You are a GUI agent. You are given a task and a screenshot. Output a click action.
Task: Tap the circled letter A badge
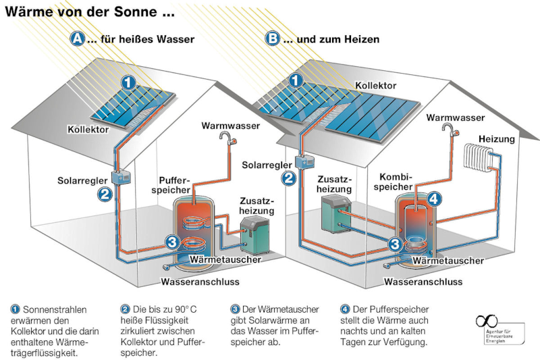(x=78, y=39)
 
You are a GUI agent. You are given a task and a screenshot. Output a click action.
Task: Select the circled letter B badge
(x=272, y=39)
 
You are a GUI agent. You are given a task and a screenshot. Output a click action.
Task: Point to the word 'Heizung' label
(x=496, y=138)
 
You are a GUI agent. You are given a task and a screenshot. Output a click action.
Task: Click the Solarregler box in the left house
(x=123, y=177)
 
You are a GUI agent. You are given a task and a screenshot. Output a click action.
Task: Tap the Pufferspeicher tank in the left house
(x=195, y=226)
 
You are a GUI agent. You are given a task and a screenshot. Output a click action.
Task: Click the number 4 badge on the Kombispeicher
(x=435, y=199)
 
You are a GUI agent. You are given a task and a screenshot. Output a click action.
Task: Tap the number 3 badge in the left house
(x=172, y=242)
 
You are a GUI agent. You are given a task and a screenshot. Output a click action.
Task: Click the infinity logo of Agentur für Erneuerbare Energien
(x=487, y=320)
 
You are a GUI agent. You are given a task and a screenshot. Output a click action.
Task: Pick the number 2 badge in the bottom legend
(x=125, y=309)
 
